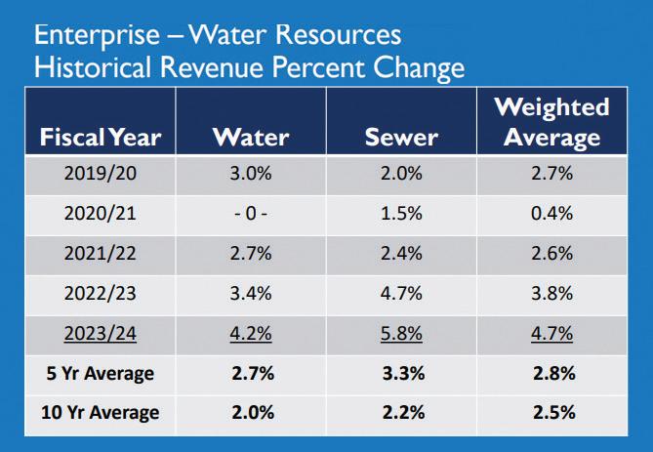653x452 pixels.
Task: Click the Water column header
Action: [x=251, y=136]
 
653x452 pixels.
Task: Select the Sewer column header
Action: [x=400, y=136]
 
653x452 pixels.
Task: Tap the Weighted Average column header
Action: [x=551, y=121]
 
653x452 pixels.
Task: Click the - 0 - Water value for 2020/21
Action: [x=251, y=214]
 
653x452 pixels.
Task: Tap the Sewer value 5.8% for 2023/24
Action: [x=400, y=333]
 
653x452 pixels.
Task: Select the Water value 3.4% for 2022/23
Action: [x=251, y=293]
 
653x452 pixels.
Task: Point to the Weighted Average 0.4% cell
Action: [x=551, y=214]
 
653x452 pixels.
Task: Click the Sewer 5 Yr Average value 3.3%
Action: [x=400, y=373]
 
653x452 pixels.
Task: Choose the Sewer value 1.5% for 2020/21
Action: [x=400, y=214]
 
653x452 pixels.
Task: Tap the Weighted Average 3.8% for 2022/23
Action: [x=551, y=293]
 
